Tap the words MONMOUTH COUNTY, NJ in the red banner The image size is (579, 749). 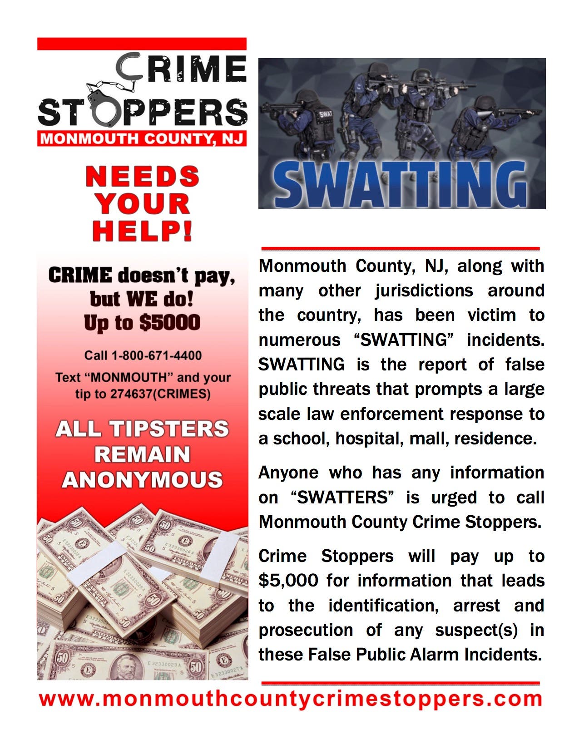tap(142, 138)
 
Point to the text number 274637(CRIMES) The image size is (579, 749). tap(160, 394)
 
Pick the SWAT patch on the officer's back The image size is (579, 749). tap(325, 114)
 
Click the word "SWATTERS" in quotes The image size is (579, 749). tap(342, 498)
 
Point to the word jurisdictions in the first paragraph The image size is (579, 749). tap(424, 291)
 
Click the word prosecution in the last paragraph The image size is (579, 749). tap(306, 630)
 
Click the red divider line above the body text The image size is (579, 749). tap(401, 249)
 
